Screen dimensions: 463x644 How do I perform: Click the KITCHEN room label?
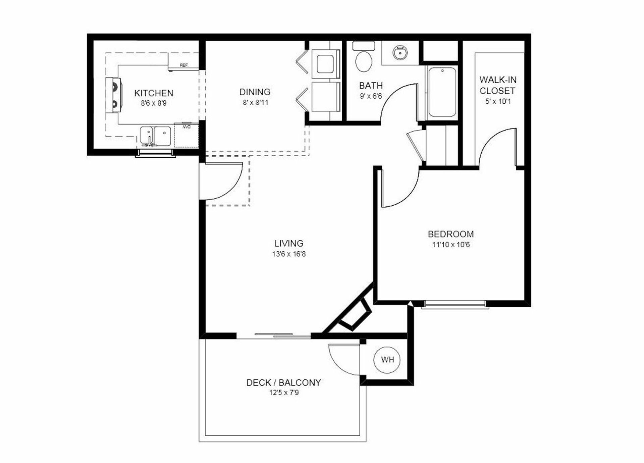[x=154, y=93]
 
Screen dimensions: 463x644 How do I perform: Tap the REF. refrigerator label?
[x=184, y=65]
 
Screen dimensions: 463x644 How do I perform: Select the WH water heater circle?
[x=387, y=360]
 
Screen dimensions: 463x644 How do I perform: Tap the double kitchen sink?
[x=155, y=136]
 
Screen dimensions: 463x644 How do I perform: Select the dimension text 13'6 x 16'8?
[x=289, y=254]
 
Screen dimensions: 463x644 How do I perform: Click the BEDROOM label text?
[x=450, y=234]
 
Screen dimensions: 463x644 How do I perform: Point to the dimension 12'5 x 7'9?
[x=284, y=393]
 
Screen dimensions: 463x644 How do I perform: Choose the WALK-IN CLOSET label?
[x=498, y=85]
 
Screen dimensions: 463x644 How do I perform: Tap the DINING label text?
[x=255, y=92]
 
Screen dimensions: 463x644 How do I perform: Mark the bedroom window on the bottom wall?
[x=454, y=305]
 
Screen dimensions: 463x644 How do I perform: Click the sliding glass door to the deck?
[x=274, y=335]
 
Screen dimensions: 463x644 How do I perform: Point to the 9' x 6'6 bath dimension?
[x=371, y=96]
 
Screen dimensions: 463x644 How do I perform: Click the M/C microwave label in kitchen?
[x=186, y=127]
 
